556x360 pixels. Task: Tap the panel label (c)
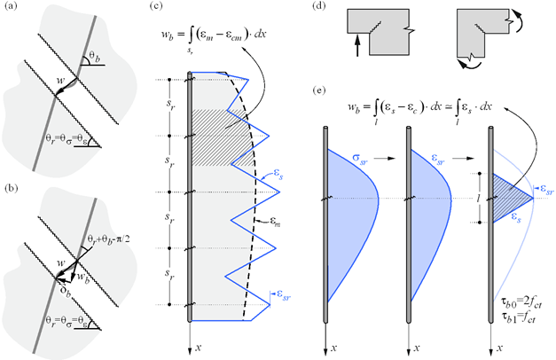pyautogui.click(x=155, y=6)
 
